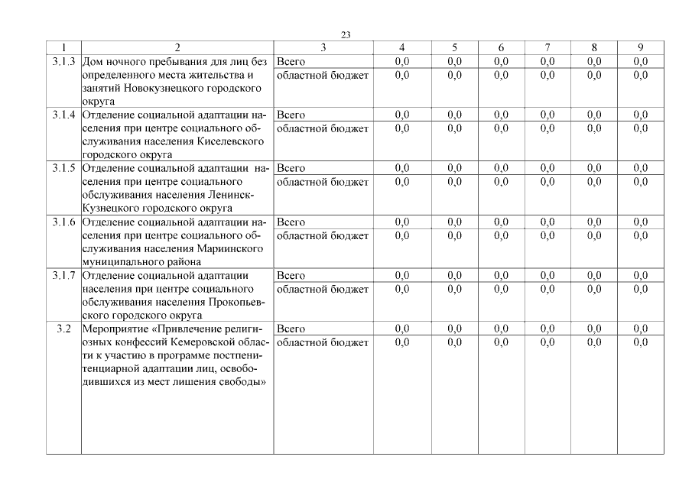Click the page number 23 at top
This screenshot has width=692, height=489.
point(346,35)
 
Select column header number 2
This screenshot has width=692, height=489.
point(177,47)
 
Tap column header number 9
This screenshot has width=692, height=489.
point(641,47)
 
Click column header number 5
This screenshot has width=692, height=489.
point(454,47)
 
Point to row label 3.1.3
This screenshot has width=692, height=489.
point(63,61)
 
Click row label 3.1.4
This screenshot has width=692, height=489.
point(63,115)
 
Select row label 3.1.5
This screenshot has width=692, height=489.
point(63,168)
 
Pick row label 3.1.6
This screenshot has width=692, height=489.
point(63,222)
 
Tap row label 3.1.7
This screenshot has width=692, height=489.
point(63,275)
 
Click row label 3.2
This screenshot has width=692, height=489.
point(63,329)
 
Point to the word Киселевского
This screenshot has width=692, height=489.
point(229,142)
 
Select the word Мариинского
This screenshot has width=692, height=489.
point(229,249)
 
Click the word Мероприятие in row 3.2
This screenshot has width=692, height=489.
point(114,329)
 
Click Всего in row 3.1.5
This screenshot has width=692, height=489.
point(291,168)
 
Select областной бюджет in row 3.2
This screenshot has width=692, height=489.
point(322,342)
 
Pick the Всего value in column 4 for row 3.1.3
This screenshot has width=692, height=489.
point(401,61)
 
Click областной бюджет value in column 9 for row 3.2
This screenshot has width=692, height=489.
point(641,342)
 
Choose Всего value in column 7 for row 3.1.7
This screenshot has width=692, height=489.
point(547,275)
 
